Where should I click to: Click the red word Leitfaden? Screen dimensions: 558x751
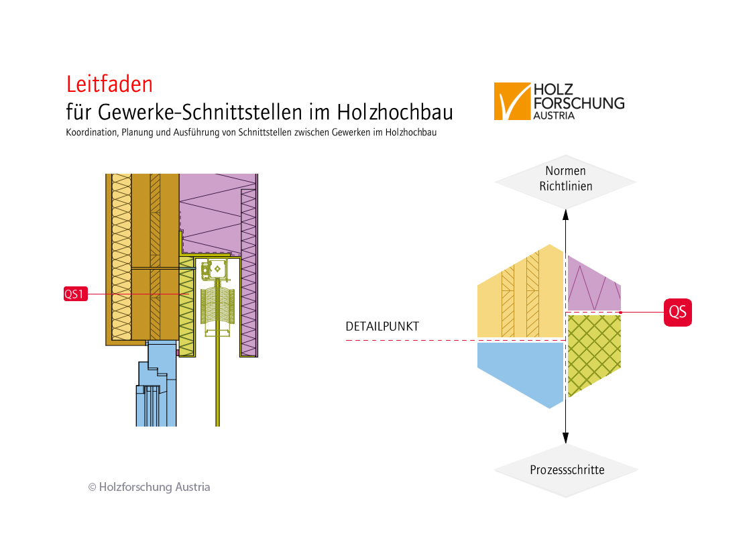coord(109,84)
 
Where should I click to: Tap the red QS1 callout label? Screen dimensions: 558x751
coord(76,294)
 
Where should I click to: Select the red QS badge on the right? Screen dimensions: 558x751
coord(677,312)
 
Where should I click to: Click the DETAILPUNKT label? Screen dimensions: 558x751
coord(382,327)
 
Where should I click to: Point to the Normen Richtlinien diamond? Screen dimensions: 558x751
coord(565,179)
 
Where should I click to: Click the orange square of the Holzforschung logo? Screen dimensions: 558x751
coord(512,101)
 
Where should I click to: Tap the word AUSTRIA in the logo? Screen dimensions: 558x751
coord(554,115)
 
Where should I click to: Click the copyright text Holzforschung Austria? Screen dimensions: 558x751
coord(149,487)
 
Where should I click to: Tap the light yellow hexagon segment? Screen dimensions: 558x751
coord(520,295)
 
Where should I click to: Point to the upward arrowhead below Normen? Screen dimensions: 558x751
coord(566,215)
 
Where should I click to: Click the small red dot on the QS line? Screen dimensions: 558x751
coord(621,313)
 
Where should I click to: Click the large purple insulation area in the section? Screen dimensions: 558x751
coord(211,208)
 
